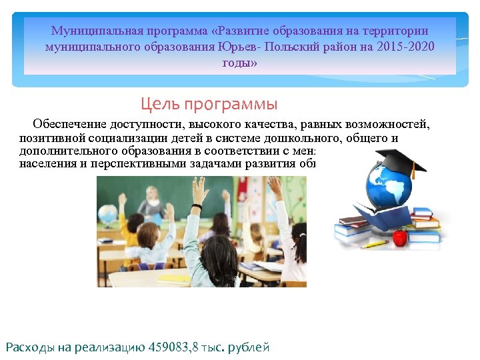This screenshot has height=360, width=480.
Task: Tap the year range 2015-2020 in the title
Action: click(x=403, y=47)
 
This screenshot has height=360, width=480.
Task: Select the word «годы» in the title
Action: click(x=239, y=63)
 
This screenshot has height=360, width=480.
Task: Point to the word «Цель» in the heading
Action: click(x=157, y=105)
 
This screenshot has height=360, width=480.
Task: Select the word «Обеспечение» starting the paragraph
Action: click(x=69, y=124)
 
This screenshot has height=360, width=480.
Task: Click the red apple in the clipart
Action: click(x=399, y=237)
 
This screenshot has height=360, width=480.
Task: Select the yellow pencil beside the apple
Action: click(x=373, y=244)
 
